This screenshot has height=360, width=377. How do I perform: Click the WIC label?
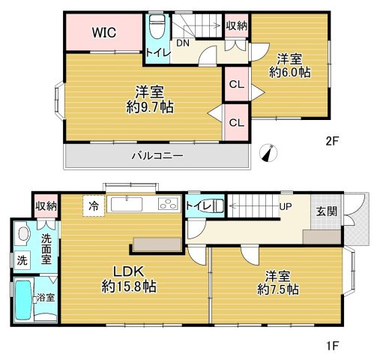tap(104, 32)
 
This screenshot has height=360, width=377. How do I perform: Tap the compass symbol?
tap(268, 153)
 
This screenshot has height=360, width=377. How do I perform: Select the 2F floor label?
tap(332, 142)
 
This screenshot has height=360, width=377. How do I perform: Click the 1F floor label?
tap(332, 346)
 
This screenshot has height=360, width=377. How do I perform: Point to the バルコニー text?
tap(157, 156)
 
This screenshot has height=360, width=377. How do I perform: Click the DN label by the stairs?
tap(183, 43)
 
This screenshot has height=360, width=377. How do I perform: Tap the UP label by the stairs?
tap(286, 207)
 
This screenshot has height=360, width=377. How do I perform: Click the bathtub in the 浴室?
tap(23, 300)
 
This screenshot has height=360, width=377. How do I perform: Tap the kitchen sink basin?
tap(127, 204)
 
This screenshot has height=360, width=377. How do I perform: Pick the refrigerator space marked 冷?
tap(94, 205)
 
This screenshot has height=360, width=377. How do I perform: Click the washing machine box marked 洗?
tap(22, 261)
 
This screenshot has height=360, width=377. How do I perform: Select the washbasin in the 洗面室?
tap(23, 234)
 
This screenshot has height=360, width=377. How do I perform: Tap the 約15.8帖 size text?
tap(129, 286)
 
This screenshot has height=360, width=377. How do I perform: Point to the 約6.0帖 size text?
tap(290, 72)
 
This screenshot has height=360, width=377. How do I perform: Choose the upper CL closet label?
tap(237, 85)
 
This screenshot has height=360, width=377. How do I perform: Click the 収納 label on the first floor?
tap(46, 206)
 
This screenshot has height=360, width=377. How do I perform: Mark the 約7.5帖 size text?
tap(278, 289)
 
